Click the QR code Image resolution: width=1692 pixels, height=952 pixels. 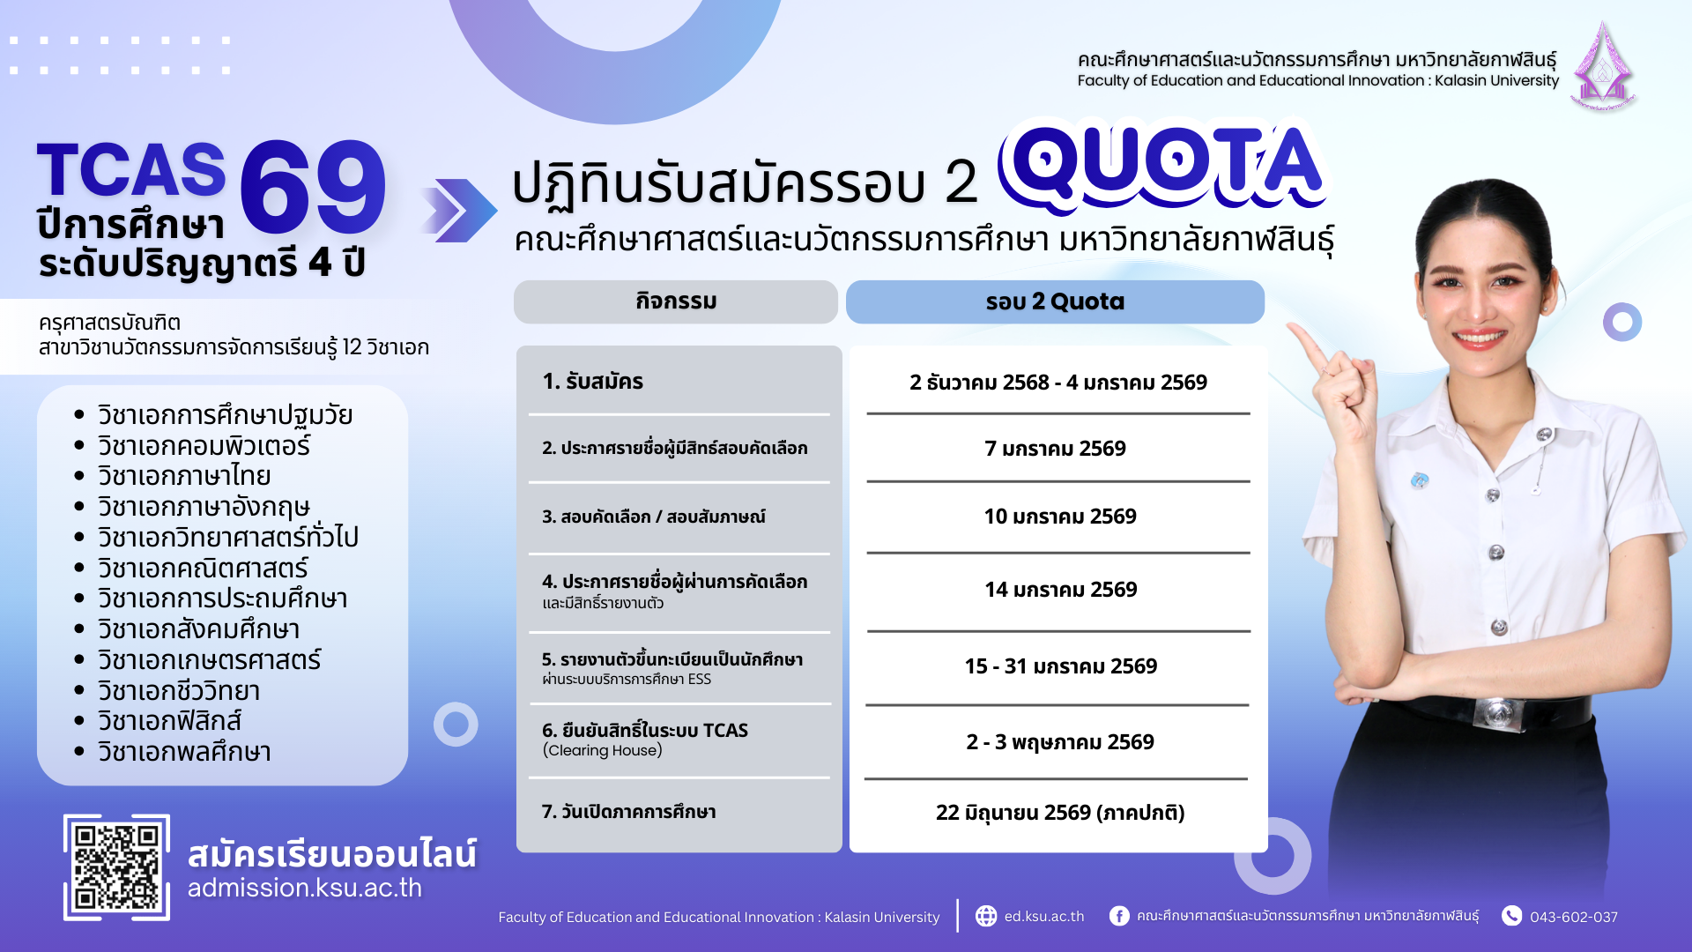(x=116, y=867)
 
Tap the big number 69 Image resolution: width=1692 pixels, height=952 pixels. (x=312, y=189)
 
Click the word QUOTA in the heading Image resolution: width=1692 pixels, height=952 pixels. (x=1164, y=167)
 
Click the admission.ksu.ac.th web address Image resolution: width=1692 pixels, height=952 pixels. (x=305, y=888)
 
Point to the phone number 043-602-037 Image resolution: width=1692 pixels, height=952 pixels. (x=1574, y=917)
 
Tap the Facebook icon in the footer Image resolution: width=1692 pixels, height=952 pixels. (x=1119, y=916)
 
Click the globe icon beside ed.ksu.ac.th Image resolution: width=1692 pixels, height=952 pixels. (x=986, y=916)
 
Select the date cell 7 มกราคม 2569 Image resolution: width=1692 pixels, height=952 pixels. (x=1055, y=449)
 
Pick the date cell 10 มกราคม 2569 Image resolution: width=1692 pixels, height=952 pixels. (x=1060, y=517)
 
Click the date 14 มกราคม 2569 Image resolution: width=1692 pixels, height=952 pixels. (x=1061, y=590)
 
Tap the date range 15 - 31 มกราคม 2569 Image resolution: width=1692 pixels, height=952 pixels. (x=1061, y=666)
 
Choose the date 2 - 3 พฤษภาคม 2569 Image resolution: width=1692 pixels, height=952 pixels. (x=1060, y=742)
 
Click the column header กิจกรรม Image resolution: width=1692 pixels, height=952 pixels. (x=676, y=301)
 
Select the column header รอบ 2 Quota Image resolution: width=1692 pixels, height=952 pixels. (x=1055, y=301)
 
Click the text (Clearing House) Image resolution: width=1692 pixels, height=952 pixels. (x=603, y=750)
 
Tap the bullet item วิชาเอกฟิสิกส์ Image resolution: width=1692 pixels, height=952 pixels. (x=169, y=721)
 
